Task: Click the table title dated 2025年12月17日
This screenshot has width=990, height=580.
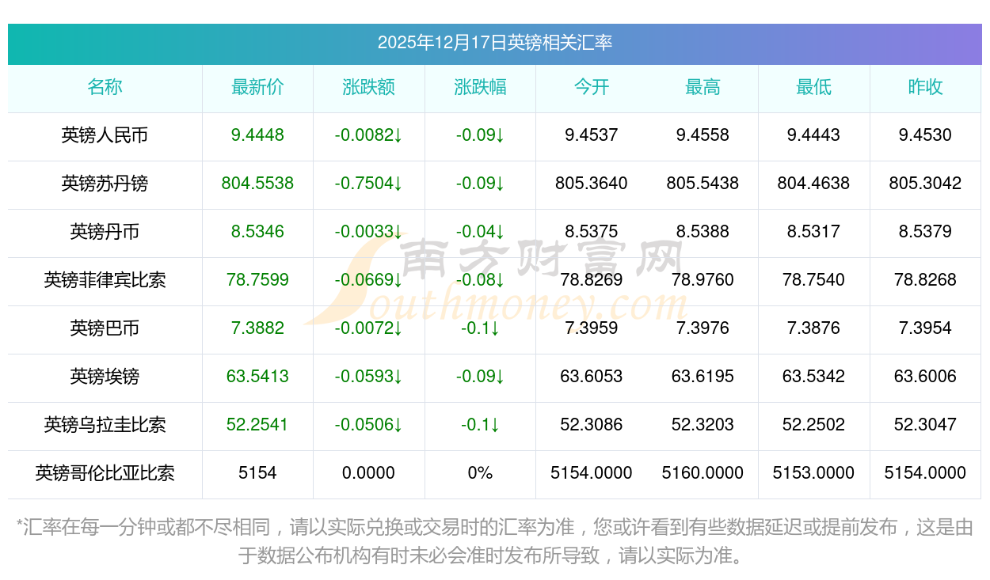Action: tap(494, 43)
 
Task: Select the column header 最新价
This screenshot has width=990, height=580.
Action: tap(257, 87)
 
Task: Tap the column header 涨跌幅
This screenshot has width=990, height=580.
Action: tap(480, 87)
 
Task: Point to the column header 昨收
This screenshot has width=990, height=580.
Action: tap(925, 87)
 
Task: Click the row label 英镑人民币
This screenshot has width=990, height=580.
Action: tap(105, 135)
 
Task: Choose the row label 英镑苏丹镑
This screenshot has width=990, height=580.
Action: tap(105, 184)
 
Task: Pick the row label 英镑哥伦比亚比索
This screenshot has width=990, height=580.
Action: tap(105, 473)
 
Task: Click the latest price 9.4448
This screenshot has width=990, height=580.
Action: tap(257, 135)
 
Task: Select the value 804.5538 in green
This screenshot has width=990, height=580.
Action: tap(257, 184)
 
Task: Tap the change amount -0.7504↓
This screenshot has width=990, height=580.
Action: tap(368, 184)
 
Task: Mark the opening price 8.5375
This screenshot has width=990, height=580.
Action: tap(591, 232)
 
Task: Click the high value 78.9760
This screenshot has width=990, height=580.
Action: tap(703, 280)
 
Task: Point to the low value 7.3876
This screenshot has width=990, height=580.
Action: tap(813, 328)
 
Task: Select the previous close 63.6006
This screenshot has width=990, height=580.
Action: tap(925, 377)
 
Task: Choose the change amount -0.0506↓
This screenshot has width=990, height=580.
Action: tap(368, 425)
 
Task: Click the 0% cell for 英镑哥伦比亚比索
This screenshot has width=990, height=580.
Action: tap(480, 473)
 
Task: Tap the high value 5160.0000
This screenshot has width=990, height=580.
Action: tap(703, 473)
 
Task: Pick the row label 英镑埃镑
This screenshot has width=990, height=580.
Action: tap(105, 377)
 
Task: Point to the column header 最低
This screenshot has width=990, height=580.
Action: tap(813, 87)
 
